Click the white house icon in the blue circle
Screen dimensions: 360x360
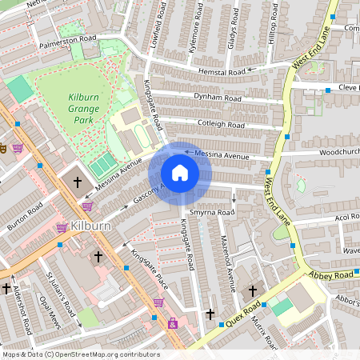180,172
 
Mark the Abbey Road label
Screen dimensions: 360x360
331,275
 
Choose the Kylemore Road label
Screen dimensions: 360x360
193,32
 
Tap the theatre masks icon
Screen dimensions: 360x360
3,148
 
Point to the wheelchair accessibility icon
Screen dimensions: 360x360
172,324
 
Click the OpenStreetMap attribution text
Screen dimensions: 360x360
80,354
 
